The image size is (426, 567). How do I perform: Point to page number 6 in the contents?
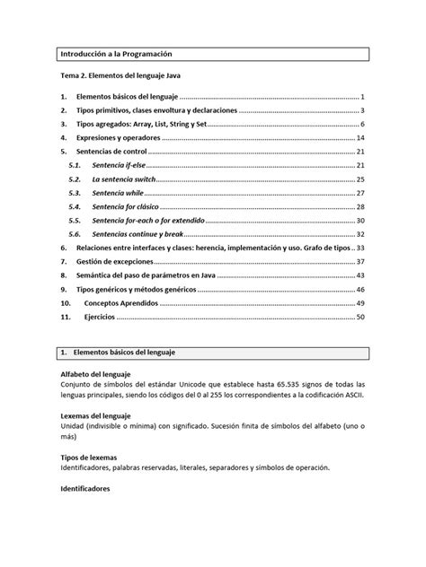[x=361, y=124]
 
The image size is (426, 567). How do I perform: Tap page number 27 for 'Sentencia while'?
[x=359, y=193]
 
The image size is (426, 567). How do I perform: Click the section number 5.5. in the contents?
[x=75, y=220]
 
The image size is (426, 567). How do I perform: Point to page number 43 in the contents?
[x=359, y=275]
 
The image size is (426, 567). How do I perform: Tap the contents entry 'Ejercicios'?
[x=100, y=317]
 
